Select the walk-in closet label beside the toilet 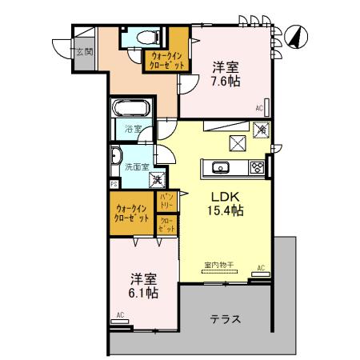point(166,61)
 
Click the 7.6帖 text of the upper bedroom point(226,81)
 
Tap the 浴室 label point(132,128)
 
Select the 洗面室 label point(135,166)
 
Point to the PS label point(114,182)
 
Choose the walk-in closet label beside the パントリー point(131,214)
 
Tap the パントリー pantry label point(166,199)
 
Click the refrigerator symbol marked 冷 point(261,129)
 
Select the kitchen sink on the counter point(221,167)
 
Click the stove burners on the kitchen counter point(257,167)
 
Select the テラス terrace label point(226,318)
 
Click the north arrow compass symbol point(294,37)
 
